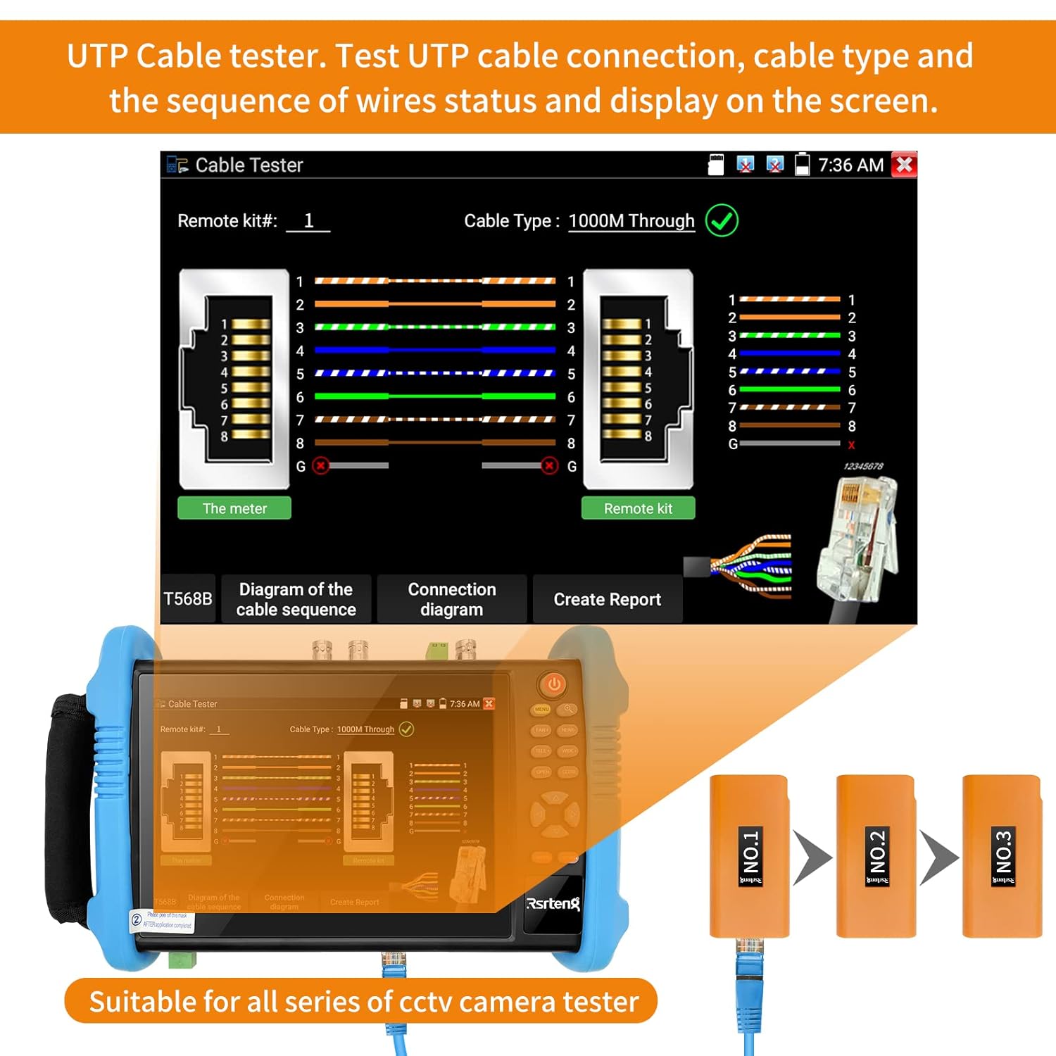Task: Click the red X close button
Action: pyautogui.click(x=904, y=165)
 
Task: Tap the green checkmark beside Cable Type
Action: pyautogui.click(x=722, y=220)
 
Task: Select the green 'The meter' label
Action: pyautogui.click(x=234, y=508)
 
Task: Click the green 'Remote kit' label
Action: pyautogui.click(x=638, y=508)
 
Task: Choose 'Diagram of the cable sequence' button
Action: pyautogui.click(x=296, y=599)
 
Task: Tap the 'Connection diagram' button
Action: pyautogui.click(x=452, y=599)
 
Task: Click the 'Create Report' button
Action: pyautogui.click(x=607, y=599)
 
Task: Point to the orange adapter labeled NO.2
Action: pyautogui.click(x=876, y=856)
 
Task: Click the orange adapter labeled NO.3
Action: pyautogui.click(x=1002, y=856)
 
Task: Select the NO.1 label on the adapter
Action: pyautogui.click(x=750, y=856)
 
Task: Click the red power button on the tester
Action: pyautogui.click(x=554, y=684)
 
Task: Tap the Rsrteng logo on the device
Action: pyautogui.click(x=553, y=903)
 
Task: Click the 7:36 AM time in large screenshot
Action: pyautogui.click(x=850, y=165)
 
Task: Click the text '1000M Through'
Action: pyautogui.click(x=631, y=221)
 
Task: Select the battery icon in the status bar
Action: pyautogui.click(x=802, y=165)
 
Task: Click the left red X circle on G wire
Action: pyautogui.click(x=321, y=466)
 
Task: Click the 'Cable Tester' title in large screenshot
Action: pyautogui.click(x=249, y=165)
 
